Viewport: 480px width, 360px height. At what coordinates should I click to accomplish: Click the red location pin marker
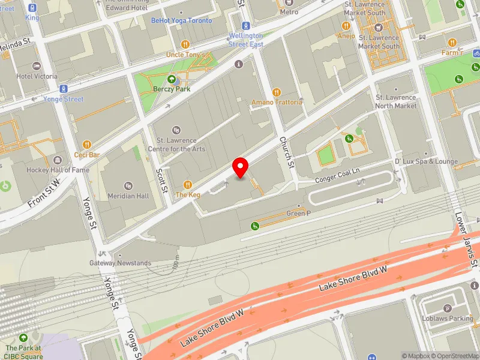click(241, 167)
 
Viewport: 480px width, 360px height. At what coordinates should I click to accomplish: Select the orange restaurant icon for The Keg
click(187, 185)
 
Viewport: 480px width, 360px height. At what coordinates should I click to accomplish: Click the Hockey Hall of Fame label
click(58, 170)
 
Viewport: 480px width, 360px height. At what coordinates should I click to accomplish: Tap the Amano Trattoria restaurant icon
click(277, 92)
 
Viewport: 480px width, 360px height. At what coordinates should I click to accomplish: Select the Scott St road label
click(162, 180)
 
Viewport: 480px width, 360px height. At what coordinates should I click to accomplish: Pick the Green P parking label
click(298, 213)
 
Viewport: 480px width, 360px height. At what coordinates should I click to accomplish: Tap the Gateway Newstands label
click(120, 263)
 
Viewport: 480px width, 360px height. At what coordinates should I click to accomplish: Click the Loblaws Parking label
click(448, 318)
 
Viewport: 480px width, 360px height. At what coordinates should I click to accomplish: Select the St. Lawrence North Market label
click(396, 101)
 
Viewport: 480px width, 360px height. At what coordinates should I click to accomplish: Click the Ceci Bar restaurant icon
click(87, 145)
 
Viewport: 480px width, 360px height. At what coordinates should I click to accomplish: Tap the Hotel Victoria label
click(37, 76)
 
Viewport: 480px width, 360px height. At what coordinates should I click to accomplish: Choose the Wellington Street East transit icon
click(245, 26)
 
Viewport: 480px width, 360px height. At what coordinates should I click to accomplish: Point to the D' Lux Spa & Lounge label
click(426, 161)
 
